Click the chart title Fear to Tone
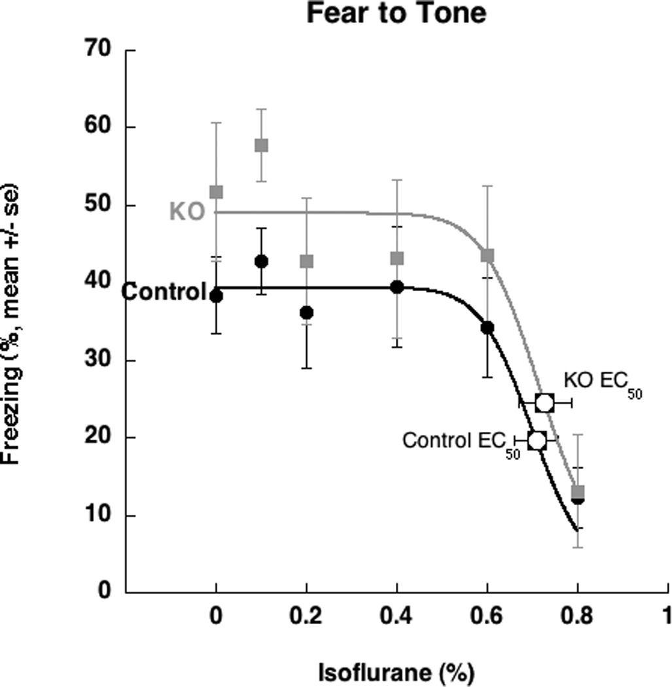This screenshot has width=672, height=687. tap(397, 13)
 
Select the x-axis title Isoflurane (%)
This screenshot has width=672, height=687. tap(396, 672)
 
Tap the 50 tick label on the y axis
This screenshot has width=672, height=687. tap(97, 205)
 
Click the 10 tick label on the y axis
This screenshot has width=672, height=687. tap(97, 516)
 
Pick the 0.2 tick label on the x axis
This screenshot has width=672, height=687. tap(306, 617)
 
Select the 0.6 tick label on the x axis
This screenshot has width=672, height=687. tap(487, 617)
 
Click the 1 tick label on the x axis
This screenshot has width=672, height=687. tap(666, 617)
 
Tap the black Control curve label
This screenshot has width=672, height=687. tap(164, 291)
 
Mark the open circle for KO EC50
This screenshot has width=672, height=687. tap(544, 402)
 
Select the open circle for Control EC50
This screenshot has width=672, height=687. tap(537, 440)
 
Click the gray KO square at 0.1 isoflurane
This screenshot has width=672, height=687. tap(261, 145)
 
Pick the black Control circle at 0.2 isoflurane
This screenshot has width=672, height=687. tap(306, 312)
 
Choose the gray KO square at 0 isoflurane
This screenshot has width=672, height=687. tap(216, 192)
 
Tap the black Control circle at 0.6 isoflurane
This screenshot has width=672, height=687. tap(487, 327)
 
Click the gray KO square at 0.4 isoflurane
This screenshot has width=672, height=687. tap(397, 258)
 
